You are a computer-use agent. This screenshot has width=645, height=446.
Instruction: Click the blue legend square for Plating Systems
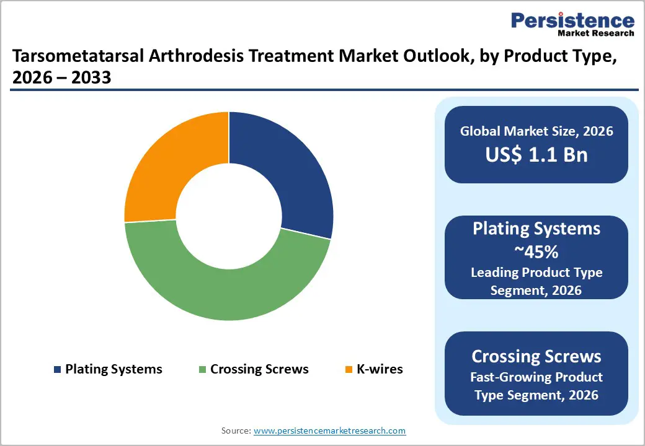pyautogui.click(x=58, y=370)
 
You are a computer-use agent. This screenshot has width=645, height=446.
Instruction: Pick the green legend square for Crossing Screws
pyautogui.click(x=202, y=370)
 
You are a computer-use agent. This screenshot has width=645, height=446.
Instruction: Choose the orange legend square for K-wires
pyautogui.click(x=349, y=370)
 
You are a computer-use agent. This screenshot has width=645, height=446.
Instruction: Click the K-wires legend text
pyautogui.click(x=379, y=369)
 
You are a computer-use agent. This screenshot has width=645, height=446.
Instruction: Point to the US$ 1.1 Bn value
pyautogui.click(x=536, y=155)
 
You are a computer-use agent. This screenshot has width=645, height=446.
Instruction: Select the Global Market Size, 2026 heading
pyautogui.click(x=536, y=131)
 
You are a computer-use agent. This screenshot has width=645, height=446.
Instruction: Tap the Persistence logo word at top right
pyautogui.click(x=572, y=20)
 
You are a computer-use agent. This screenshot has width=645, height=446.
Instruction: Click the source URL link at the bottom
pyautogui.click(x=329, y=431)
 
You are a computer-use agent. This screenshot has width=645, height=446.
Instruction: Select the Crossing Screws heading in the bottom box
pyautogui.click(x=536, y=356)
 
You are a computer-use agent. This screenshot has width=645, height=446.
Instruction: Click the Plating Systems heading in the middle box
pyautogui.click(x=536, y=229)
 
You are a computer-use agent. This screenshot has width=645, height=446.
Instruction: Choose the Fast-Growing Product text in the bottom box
pyautogui.click(x=536, y=377)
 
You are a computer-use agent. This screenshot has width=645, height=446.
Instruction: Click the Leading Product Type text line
pyautogui.click(x=536, y=272)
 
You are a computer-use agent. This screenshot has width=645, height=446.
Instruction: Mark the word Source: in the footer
pyautogui.click(x=236, y=431)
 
